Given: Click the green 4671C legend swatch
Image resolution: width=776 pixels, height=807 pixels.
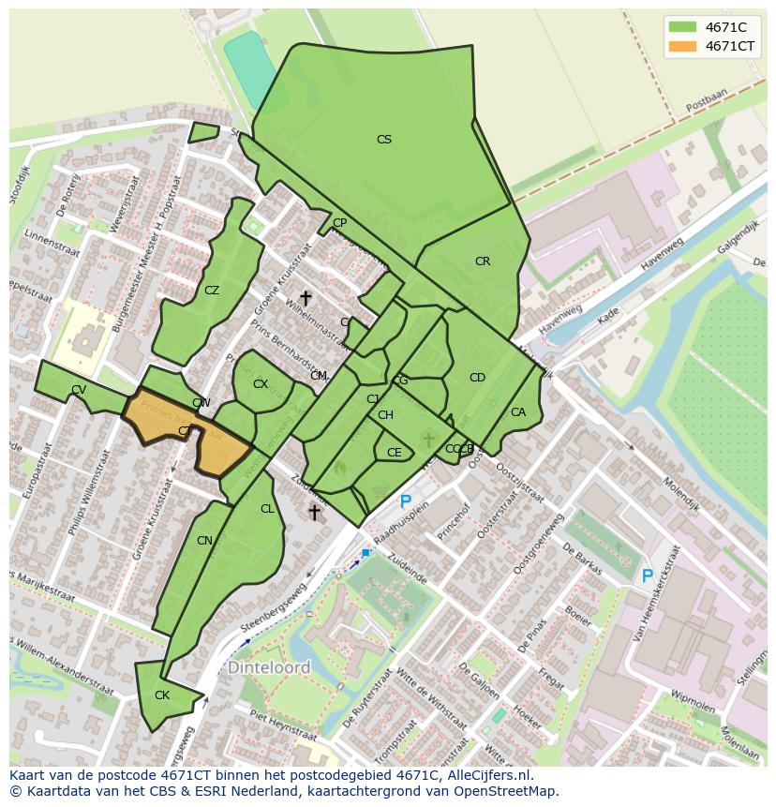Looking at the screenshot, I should coord(682,27).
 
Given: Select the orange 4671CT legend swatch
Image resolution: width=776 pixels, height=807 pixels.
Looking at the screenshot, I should coord(682,46).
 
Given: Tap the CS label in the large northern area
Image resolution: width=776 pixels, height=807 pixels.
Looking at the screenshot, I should coord(384,140).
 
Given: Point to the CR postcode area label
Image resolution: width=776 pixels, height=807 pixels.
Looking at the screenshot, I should coord(483,262).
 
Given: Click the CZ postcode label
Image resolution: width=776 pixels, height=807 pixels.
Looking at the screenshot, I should coord(212,291).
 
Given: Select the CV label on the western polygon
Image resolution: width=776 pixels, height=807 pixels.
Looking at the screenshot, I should coord(79,390).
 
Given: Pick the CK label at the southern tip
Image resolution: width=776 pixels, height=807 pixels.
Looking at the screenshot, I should coord(162,695).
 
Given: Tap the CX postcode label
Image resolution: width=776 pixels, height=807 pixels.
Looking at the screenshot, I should coord(261,384).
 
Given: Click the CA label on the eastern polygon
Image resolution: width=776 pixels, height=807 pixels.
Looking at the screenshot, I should coord(518,412).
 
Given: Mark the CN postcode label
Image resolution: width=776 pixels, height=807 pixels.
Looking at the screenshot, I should coord(204,541).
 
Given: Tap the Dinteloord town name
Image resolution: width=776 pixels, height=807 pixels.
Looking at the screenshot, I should coord(269,668).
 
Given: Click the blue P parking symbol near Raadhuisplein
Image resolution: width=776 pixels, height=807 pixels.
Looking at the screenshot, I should coord(406,502).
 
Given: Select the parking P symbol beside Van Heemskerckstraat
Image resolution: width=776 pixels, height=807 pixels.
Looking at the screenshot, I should coord(647,576).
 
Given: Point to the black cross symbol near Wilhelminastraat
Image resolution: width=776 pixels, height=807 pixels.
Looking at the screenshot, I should coord(306,298).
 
